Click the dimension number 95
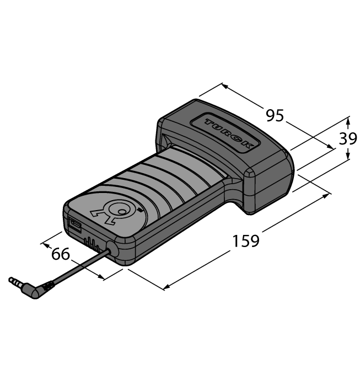point(275,116)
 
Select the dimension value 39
point(348,139)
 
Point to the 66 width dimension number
point(61,254)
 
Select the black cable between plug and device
point(77,267)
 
